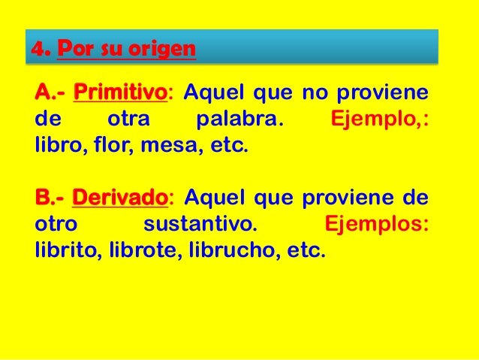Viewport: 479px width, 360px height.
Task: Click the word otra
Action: pos(128,119)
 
